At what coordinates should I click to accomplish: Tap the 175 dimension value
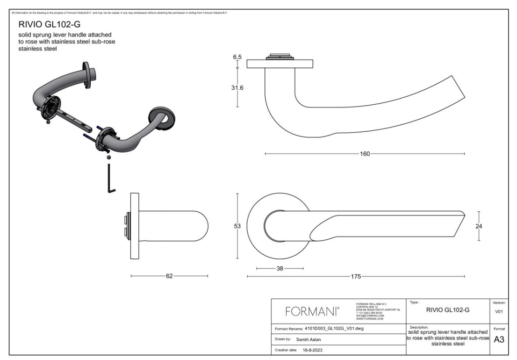click(x=355, y=276)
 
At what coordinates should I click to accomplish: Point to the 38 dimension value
click(x=280, y=269)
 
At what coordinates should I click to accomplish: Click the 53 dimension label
click(x=237, y=226)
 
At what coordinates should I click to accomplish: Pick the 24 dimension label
click(x=479, y=226)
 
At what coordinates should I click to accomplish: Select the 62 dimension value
click(x=169, y=276)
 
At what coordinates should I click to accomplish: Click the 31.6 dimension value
click(x=237, y=87)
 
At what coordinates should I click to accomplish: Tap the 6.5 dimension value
click(x=237, y=57)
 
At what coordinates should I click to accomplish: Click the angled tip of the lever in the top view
click(x=460, y=220)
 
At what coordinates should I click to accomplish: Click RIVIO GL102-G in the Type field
click(x=446, y=309)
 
